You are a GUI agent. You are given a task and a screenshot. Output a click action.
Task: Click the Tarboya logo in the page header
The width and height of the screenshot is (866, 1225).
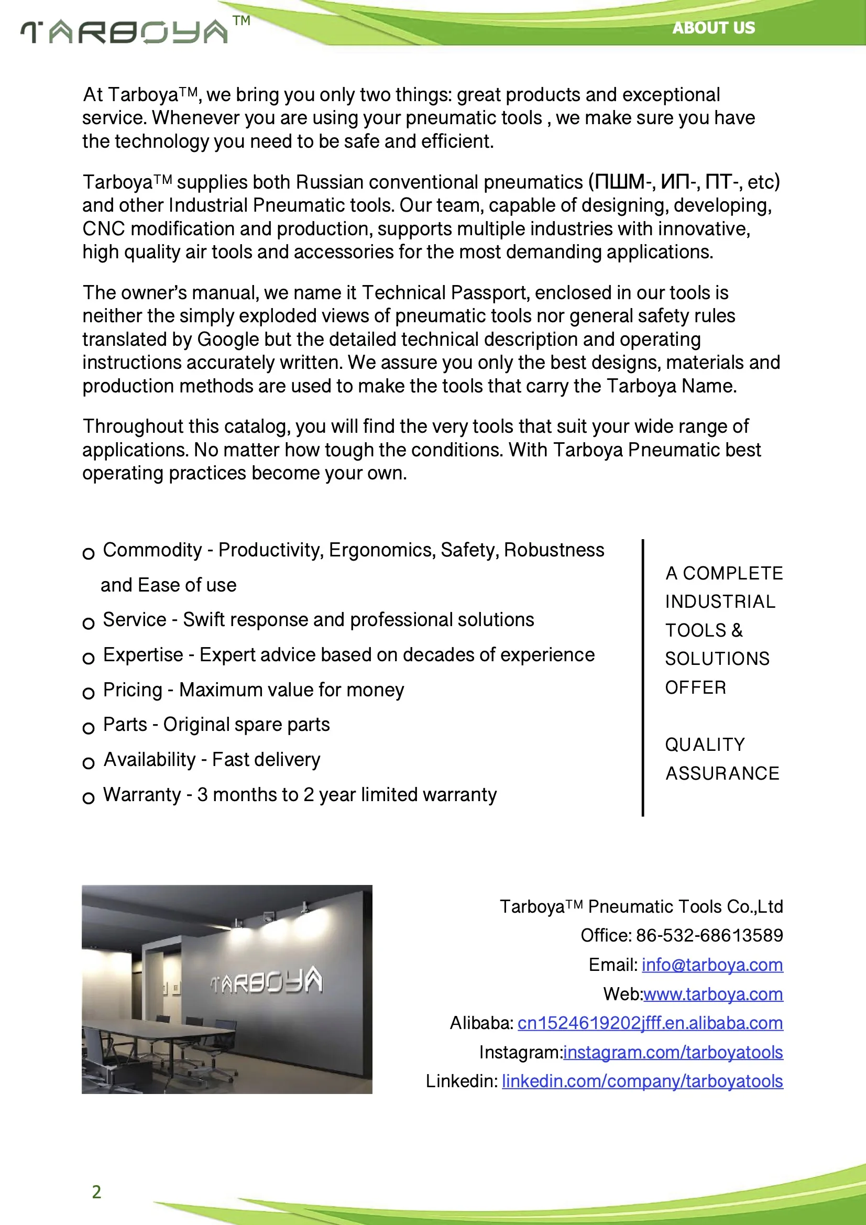coord(125,32)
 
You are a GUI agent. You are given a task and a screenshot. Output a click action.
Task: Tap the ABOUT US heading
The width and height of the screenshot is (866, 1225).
coord(714,28)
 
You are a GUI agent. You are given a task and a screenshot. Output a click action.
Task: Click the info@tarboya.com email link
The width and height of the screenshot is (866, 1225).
coord(712,965)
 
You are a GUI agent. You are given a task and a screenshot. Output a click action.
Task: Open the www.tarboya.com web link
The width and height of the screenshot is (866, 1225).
coord(713,994)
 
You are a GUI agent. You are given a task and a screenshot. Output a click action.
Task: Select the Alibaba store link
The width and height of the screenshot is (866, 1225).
coord(650,1023)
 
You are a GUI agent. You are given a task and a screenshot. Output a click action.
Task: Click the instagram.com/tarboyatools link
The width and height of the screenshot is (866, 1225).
coord(673,1052)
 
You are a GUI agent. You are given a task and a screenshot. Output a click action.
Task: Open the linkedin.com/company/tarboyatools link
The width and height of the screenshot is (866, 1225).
coord(642,1081)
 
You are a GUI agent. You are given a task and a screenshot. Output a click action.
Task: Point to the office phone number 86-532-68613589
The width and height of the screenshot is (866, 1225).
coord(709,935)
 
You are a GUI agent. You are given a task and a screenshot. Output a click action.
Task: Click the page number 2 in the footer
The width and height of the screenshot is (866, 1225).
coord(96,1192)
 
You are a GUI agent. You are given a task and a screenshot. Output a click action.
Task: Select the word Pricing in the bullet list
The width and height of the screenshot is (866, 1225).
coord(133,690)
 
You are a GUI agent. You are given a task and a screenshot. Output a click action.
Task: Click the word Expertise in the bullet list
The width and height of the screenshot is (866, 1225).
coord(143,654)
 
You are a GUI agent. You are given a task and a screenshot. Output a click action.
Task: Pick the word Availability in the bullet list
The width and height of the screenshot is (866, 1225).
coord(149,760)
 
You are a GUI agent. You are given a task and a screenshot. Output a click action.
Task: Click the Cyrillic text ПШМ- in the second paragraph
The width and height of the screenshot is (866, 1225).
coord(625,182)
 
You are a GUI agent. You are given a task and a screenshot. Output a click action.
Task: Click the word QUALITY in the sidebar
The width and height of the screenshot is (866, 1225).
coord(705,745)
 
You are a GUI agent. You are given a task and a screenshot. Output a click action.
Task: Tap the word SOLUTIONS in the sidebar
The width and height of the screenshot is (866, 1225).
coord(717,659)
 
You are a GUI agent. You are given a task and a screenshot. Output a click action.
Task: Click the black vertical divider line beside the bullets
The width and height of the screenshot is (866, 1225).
coord(643,677)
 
